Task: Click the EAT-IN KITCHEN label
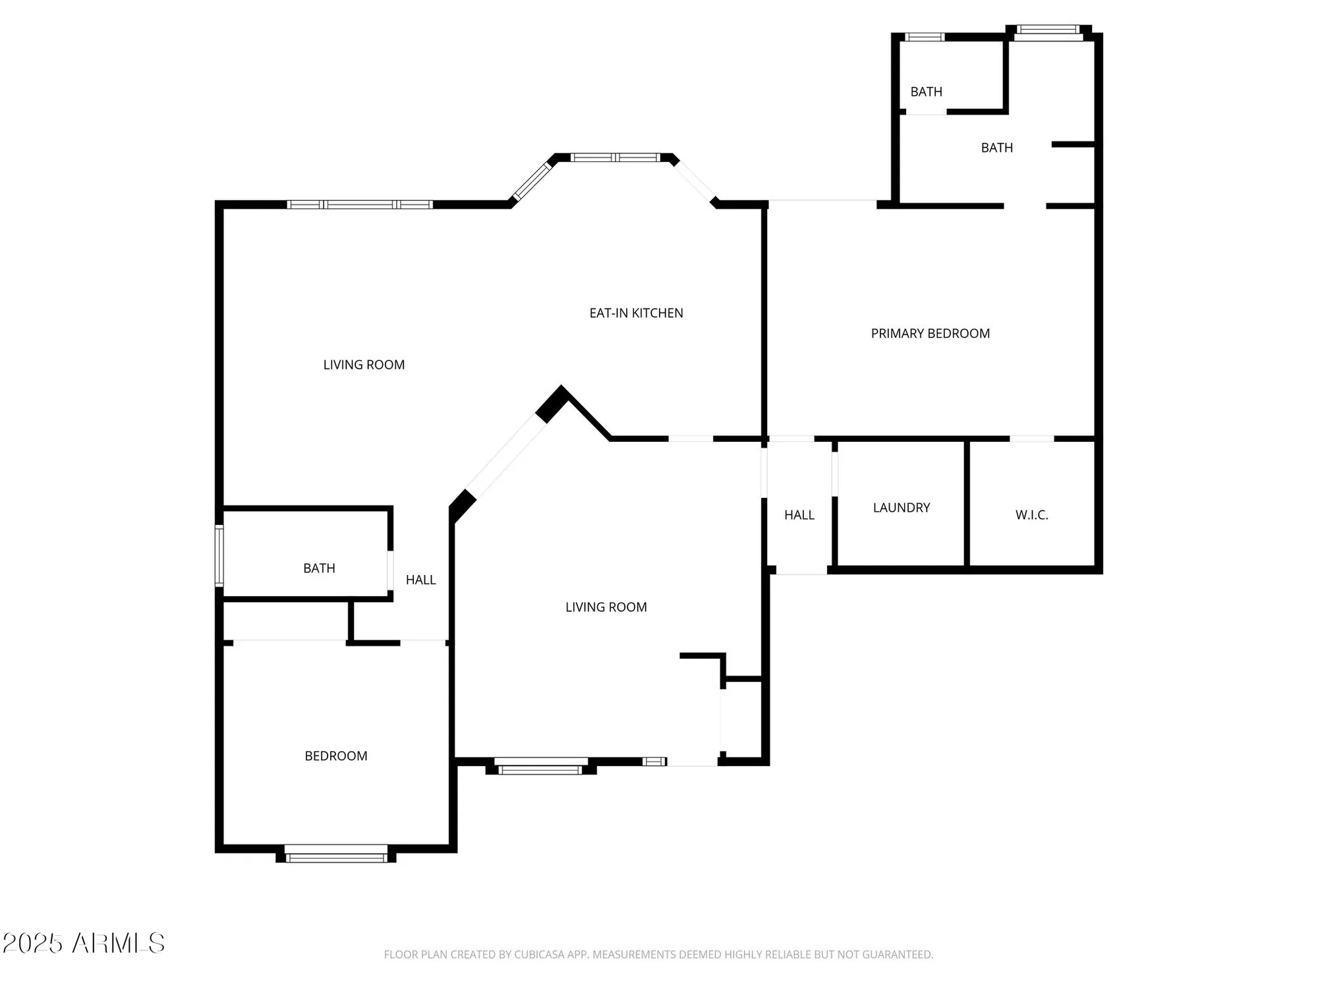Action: [x=636, y=314]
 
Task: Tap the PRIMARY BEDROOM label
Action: [x=930, y=334]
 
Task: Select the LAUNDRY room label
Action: [x=901, y=508]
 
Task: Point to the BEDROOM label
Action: [x=335, y=756]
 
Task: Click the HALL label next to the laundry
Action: [x=799, y=515]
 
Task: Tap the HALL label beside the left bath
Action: [x=420, y=580]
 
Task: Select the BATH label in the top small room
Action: [x=926, y=92]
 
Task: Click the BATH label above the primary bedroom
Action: [x=996, y=148]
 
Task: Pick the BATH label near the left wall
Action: [x=319, y=568]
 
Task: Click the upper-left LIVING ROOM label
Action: [x=364, y=365]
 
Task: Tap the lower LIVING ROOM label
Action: [x=606, y=607]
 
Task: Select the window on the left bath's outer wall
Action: [x=219, y=555]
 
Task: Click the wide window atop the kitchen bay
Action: [x=614, y=157]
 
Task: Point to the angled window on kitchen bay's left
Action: [x=532, y=181]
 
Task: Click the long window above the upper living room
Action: [x=360, y=205]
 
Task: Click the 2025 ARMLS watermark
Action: [x=83, y=943]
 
